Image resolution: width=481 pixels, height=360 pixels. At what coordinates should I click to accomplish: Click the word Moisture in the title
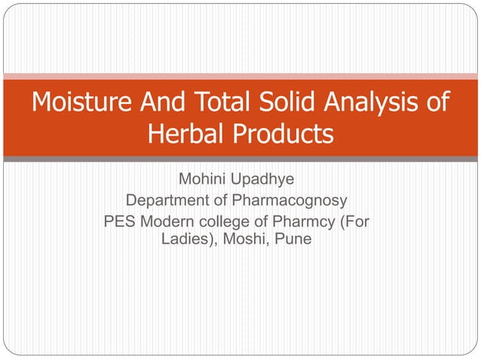[x=81, y=102]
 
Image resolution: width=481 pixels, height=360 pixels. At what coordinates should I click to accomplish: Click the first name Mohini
[x=203, y=181]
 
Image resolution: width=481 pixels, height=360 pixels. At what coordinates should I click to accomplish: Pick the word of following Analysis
[x=436, y=102]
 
